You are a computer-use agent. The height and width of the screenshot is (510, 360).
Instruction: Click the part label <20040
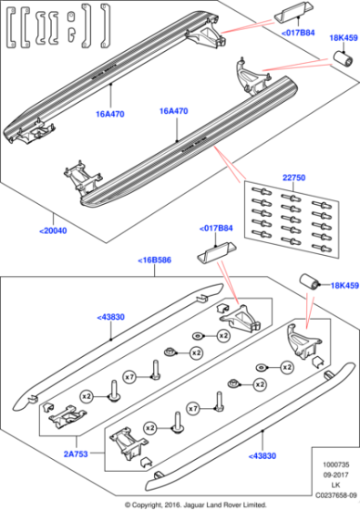point(53,230)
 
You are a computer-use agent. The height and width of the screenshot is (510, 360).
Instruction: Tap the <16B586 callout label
point(154,260)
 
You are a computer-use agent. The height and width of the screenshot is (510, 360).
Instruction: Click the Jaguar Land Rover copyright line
point(180,504)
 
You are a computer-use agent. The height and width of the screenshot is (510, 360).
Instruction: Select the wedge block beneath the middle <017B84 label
point(217,250)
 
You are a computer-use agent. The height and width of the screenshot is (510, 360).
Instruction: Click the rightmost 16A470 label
point(173,111)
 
